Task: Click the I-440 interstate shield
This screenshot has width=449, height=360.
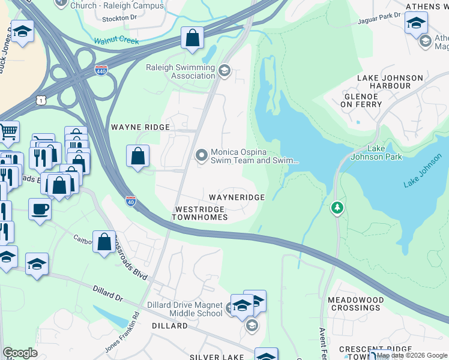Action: tap(101, 71)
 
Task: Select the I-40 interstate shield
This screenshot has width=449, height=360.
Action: tap(131, 200)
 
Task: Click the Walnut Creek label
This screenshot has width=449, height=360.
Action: tap(116, 41)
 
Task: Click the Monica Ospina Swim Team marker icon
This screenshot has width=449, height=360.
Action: tap(201, 156)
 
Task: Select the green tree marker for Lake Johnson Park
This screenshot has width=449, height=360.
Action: tap(337, 208)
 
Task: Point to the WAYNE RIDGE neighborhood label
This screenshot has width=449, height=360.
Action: tap(140, 127)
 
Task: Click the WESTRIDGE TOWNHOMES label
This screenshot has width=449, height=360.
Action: tap(199, 213)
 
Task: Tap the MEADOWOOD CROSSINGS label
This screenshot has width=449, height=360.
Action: tap(354, 303)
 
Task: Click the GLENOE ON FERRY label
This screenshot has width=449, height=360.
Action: tap(362, 100)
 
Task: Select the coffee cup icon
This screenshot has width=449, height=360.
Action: tap(40, 209)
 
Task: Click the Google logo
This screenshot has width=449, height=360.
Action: tap(20, 353)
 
